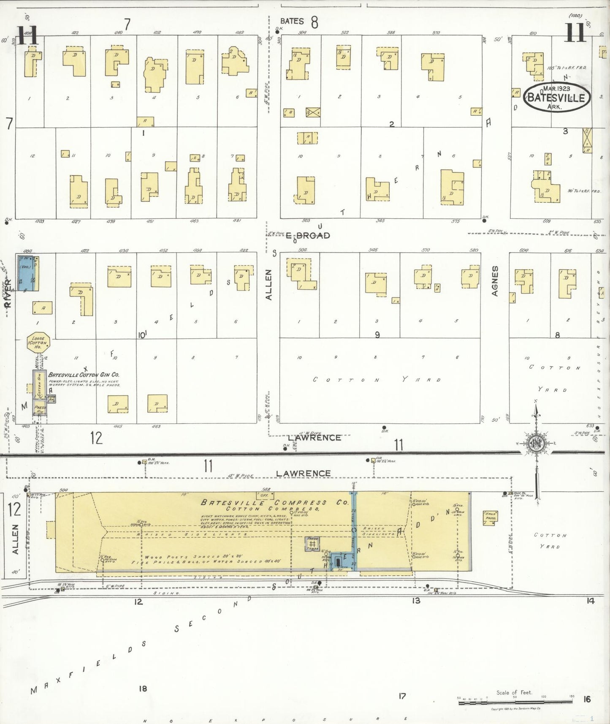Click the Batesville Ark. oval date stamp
pyautogui.click(x=556, y=97)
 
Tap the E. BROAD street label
pyautogui.click(x=308, y=236)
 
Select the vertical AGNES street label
pyautogui.click(x=495, y=281)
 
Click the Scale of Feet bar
pyautogui.click(x=515, y=702)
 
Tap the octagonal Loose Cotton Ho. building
pyautogui.click(x=38, y=343)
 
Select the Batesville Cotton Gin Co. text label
pyautogui.click(x=84, y=375)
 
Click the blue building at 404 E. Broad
pyautogui.click(x=25, y=272)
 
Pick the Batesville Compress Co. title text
pyautogui.click(x=275, y=503)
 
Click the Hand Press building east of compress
pyautogui.click(x=490, y=517)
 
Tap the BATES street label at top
pyautogui.click(x=292, y=21)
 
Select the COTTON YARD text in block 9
pyautogui.click(x=377, y=380)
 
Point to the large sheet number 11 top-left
pyautogui.click(x=28, y=35)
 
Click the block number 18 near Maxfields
pyautogui.click(x=143, y=689)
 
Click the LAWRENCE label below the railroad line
pyautogui.click(x=303, y=474)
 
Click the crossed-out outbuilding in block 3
pyautogui.click(x=587, y=140)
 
